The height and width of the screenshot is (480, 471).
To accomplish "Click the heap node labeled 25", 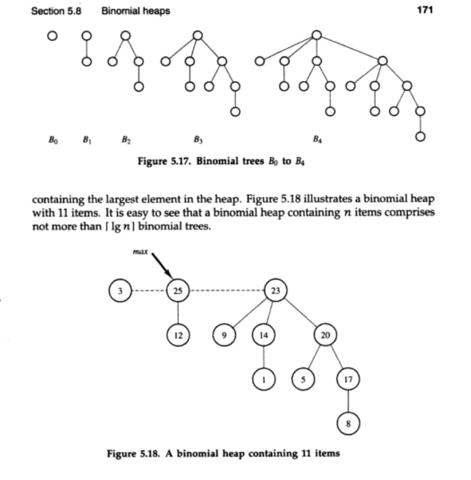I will point(178,291).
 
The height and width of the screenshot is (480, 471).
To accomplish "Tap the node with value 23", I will point(276,291).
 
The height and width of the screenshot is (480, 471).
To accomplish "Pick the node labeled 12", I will point(178,335).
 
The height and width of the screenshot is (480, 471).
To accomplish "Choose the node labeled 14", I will point(263,335).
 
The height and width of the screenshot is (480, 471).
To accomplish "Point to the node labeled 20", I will point(325,335).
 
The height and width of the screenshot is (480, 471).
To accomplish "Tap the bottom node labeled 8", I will point(348,423).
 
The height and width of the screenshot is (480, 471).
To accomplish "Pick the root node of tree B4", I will point(317,35).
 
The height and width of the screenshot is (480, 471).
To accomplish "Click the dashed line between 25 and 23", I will point(227,291).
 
